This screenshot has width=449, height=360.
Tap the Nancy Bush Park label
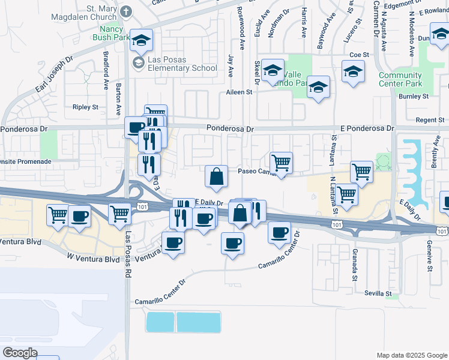tap(107, 32)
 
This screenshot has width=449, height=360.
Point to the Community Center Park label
tap(400, 79)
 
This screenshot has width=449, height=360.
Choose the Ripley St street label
tap(85, 107)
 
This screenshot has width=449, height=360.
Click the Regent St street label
tap(430, 120)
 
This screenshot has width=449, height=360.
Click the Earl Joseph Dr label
tap(54, 75)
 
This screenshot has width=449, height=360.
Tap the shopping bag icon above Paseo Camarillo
tap(216, 176)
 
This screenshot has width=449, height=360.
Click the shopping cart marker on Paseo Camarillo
tap(281, 163)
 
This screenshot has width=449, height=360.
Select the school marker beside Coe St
tap(353, 72)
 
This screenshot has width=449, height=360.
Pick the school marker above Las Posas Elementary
tap(141, 40)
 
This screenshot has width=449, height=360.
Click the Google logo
tap(20, 353)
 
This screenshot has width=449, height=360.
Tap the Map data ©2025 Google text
tap(411, 355)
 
